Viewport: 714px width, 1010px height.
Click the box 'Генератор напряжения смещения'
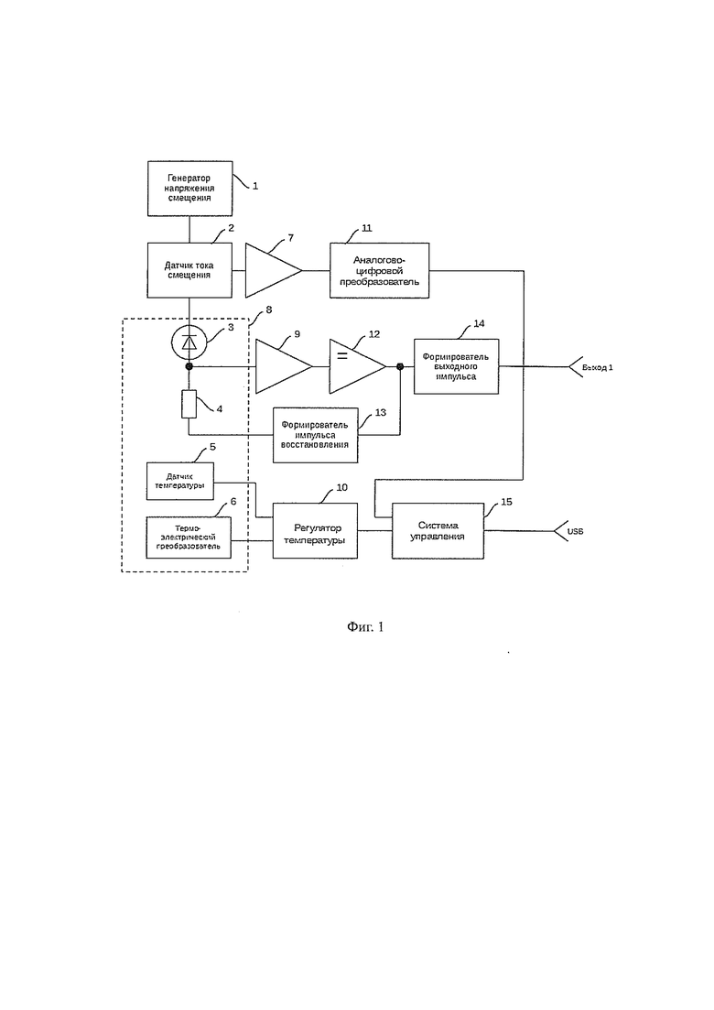pyautogui.click(x=189, y=188)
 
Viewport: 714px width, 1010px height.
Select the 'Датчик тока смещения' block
pyautogui.click(x=189, y=270)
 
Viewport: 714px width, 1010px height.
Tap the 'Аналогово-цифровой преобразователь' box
pyautogui.click(x=379, y=270)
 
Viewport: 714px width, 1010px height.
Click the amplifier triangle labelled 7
pyautogui.click(x=274, y=270)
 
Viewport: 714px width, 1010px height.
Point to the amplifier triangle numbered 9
pyautogui.click(x=284, y=366)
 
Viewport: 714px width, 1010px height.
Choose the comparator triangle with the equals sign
pyautogui.click(x=357, y=366)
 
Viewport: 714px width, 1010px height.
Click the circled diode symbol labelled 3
pyautogui.click(x=189, y=342)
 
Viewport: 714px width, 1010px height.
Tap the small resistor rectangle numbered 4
pyautogui.click(x=189, y=405)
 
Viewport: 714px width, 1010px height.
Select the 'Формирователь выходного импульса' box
pyautogui.click(x=456, y=366)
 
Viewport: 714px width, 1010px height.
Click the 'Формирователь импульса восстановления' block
pyautogui.click(x=316, y=435)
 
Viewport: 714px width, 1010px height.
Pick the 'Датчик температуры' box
pyautogui.click(x=180, y=481)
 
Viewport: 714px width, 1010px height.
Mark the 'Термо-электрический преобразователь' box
pyautogui.click(x=189, y=538)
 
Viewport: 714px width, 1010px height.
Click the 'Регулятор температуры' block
pyautogui.click(x=316, y=531)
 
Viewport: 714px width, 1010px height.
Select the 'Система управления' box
pyautogui.click(x=438, y=531)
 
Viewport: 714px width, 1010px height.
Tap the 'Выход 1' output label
pyautogui.click(x=597, y=367)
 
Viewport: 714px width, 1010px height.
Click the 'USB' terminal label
pyautogui.click(x=575, y=531)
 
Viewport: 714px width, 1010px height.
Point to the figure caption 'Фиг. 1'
pyautogui.click(x=365, y=626)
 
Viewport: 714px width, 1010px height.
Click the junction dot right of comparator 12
pyautogui.click(x=400, y=366)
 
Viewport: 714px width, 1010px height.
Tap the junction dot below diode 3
pyautogui.click(x=189, y=366)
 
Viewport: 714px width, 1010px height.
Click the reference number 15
pyautogui.click(x=507, y=502)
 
